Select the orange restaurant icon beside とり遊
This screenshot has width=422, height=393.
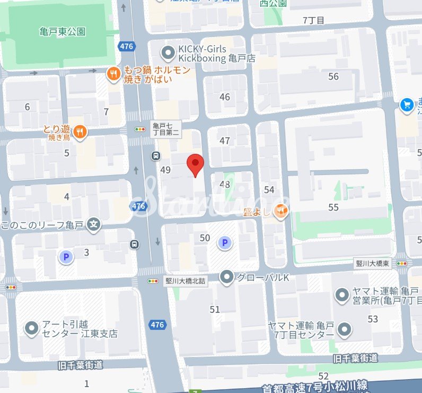point(80,132)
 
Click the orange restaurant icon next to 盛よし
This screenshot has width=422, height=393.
point(282,212)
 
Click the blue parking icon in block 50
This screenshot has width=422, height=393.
point(225,243)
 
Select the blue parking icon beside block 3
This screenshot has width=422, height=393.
point(66,257)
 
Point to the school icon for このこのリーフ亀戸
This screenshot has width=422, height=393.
point(94,224)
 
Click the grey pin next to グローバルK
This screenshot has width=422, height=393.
point(227,277)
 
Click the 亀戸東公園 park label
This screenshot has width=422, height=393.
point(62,31)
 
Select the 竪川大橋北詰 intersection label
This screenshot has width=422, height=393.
point(185,282)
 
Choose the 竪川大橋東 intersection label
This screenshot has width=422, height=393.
point(372,264)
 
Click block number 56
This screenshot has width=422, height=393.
point(333,77)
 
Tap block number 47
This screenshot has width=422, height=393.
point(225,141)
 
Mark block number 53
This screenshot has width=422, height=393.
point(373,319)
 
